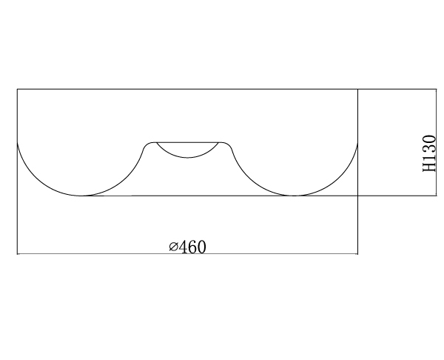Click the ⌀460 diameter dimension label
[188, 247]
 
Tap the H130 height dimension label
[429, 153]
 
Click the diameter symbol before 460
[173, 247]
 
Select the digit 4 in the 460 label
[183, 247]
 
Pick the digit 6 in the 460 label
[192, 247]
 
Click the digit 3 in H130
[429, 149]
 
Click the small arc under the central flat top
[187, 157]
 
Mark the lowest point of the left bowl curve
[81, 196]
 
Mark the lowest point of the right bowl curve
[295, 196]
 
